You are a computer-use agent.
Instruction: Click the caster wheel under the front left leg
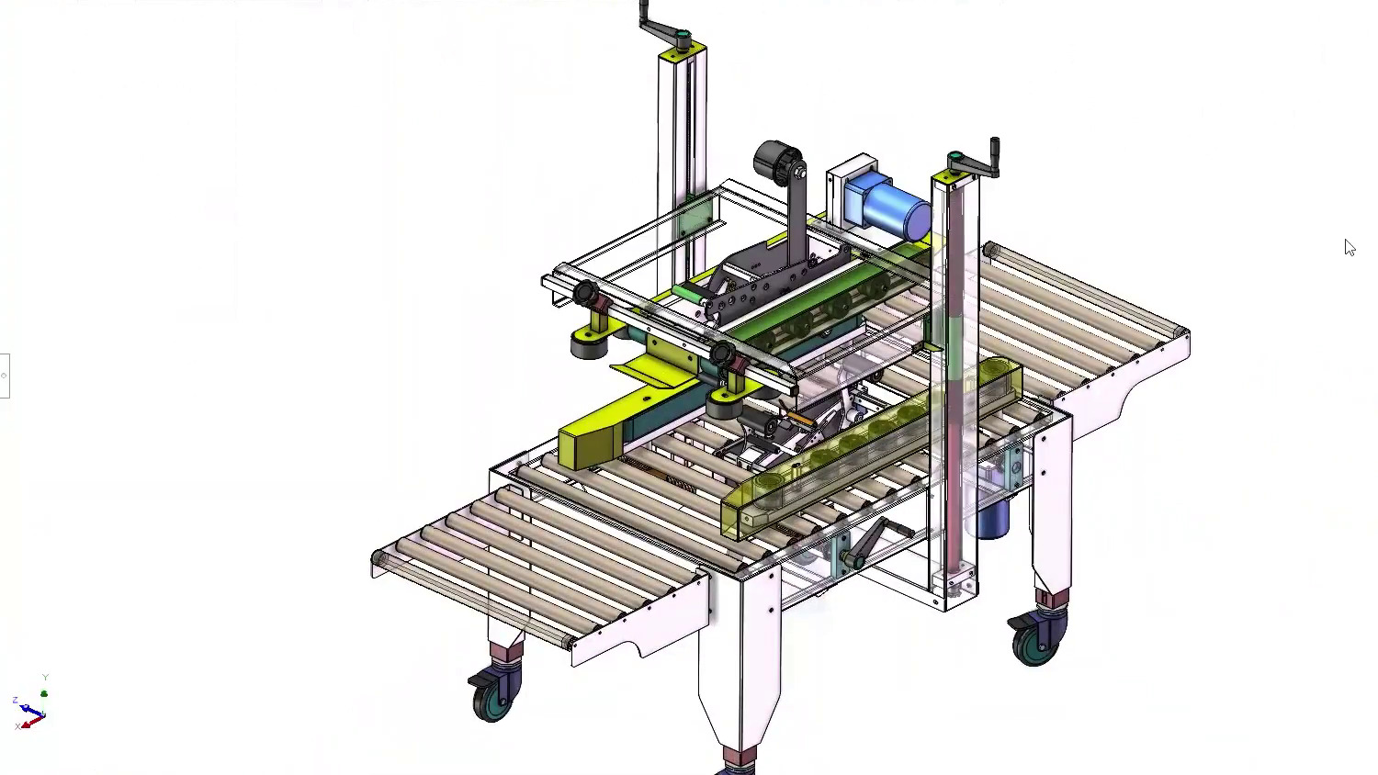point(492,698)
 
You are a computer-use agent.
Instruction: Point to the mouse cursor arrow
point(1349,247)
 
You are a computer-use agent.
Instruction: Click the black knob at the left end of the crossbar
point(585,294)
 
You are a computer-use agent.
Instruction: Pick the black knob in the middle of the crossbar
point(722,353)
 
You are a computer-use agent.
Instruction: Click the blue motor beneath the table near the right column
point(992,520)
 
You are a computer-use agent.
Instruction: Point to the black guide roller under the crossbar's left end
point(586,345)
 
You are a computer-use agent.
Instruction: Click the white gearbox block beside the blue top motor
point(850,184)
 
